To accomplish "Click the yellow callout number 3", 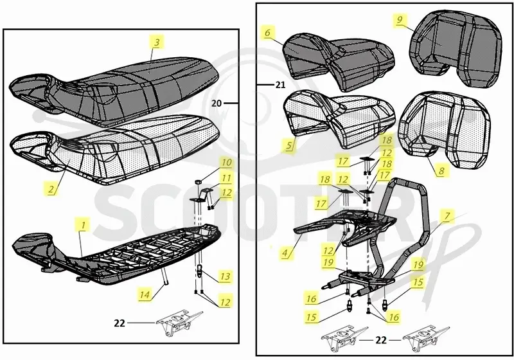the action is [x=156, y=42].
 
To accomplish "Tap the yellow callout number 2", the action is [x=51, y=189].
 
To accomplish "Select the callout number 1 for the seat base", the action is [x=84, y=225].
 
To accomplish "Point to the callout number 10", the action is [x=226, y=162].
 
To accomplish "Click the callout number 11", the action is [x=226, y=177].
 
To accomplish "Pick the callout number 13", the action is [x=226, y=276].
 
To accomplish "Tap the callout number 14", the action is [x=145, y=294].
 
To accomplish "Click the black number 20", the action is [x=217, y=104].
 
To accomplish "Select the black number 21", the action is [x=280, y=85].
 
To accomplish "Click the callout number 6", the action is [x=268, y=33].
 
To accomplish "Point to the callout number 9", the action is [x=399, y=20].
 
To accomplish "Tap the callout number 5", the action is [x=288, y=145].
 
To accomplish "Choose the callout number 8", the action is [x=441, y=170].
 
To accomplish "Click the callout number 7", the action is [x=447, y=216].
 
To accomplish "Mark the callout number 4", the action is [x=285, y=253].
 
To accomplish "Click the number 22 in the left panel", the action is [x=120, y=323].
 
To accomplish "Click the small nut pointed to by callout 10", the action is [x=198, y=181].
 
